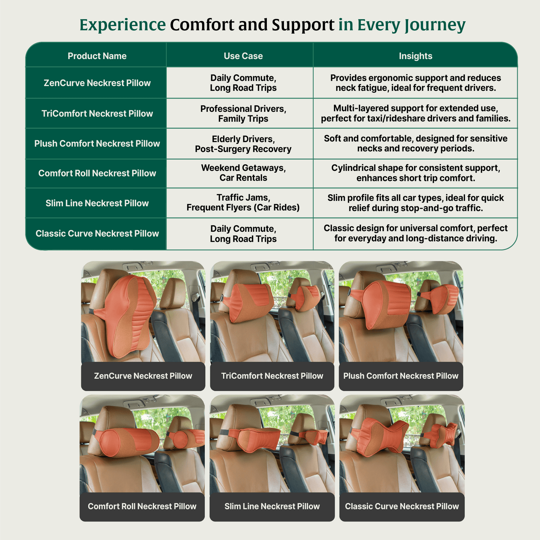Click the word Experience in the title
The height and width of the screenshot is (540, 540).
123,25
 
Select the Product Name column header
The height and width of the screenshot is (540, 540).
97,56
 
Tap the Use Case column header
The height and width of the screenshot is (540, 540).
243,56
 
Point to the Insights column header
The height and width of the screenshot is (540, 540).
416,56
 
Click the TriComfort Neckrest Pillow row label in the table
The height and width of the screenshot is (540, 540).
97,114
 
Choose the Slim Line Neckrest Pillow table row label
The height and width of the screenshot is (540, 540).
97,203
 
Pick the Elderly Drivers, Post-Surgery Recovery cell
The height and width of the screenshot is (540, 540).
243,144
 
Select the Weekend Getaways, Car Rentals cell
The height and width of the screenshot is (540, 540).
243,173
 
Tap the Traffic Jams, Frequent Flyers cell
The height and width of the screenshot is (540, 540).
243,203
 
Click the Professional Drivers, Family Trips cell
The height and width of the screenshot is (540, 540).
243,114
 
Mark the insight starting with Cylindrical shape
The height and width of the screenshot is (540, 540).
416,173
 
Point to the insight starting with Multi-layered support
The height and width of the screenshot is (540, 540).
416,114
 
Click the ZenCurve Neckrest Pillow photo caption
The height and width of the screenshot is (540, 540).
143,376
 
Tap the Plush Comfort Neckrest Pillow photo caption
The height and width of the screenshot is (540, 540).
401,376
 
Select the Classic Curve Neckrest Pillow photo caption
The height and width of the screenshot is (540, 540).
402,506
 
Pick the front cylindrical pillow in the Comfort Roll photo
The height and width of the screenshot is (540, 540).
127,441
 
